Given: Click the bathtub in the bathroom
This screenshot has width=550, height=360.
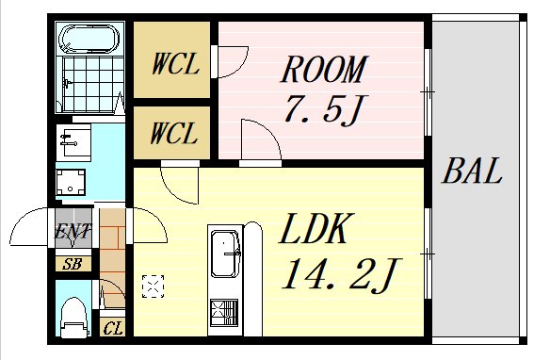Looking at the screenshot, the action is click(89, 38).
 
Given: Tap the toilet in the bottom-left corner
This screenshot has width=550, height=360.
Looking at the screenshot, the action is click(73, 318).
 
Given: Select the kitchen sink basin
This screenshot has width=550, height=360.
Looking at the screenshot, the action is click(224, 254).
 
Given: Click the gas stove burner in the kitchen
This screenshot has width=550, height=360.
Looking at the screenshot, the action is click(224, 312).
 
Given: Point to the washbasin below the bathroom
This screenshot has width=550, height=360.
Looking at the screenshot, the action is click(73, 141).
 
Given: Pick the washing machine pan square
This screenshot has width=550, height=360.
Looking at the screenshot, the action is click(71, 182).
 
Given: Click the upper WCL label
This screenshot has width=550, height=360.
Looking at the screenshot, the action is click(176, 64).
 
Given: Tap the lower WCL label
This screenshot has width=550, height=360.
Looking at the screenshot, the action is click(173, 134).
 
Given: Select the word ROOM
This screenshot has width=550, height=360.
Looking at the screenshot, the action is click(323, 70).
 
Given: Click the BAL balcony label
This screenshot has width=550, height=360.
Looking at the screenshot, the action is click(472, 172).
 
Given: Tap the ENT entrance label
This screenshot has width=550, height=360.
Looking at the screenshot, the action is click(73, 232).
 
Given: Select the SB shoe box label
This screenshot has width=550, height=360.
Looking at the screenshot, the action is click(72, 264).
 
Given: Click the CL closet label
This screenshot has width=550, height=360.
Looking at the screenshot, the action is click(113, 329).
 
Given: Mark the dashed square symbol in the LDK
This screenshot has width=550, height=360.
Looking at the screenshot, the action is click(153, 286).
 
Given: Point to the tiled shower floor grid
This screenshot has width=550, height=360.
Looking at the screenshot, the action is click(93, 84).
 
